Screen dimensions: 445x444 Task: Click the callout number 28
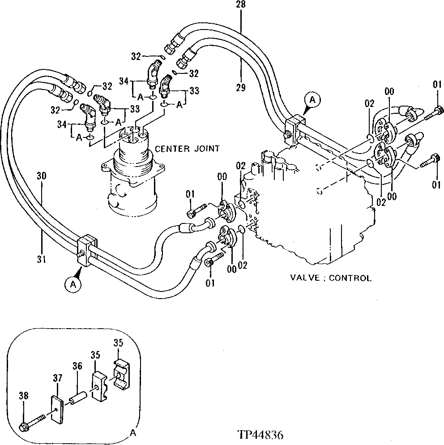click(x=240, y=5)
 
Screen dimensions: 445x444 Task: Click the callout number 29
click(x=240, y=88)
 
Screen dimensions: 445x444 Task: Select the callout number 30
click(x=41, y=176)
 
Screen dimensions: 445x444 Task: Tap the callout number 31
click(x=41, y=258)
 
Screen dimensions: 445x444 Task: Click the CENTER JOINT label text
click(x=187, y=149)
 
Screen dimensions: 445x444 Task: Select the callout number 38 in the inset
click(x=24, y=395)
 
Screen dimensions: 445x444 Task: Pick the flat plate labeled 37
click(x=56, y=408)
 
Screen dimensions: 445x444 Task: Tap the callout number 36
click(x=77, y=366)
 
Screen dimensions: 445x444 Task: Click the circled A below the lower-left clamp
click(x=74, y=283)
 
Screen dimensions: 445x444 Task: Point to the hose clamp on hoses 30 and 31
click(x=87, y=250)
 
